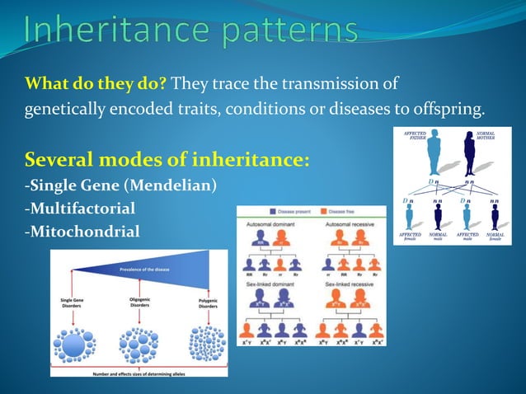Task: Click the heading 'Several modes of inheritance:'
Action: [168, 158]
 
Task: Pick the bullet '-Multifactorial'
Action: [80, 209]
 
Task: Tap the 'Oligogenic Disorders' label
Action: [139, 303]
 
